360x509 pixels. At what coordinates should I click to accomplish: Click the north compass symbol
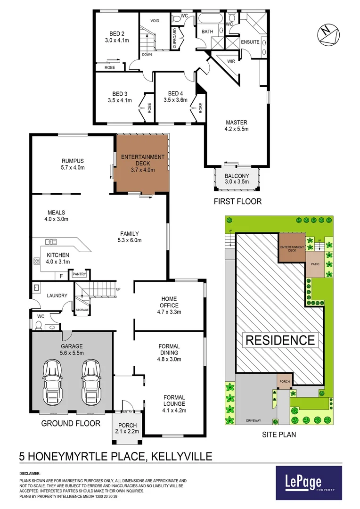coord(327,34)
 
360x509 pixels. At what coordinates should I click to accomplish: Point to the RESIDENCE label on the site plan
coord(280,340)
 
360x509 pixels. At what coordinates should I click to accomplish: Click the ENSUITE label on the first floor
coord(250,42)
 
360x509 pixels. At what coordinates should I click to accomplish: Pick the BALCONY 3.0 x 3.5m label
coord(237,179)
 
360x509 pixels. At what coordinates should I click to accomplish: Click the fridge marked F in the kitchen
coord(61,276)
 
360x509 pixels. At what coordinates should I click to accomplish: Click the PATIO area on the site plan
coord(315,264)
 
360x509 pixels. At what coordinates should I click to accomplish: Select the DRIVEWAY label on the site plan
coord(253,420)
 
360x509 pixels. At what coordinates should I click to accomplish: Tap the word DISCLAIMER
coord(30,473)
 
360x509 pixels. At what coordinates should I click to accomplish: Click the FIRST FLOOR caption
coord(237,201)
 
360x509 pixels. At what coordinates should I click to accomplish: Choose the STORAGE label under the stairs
coord(82,310)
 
